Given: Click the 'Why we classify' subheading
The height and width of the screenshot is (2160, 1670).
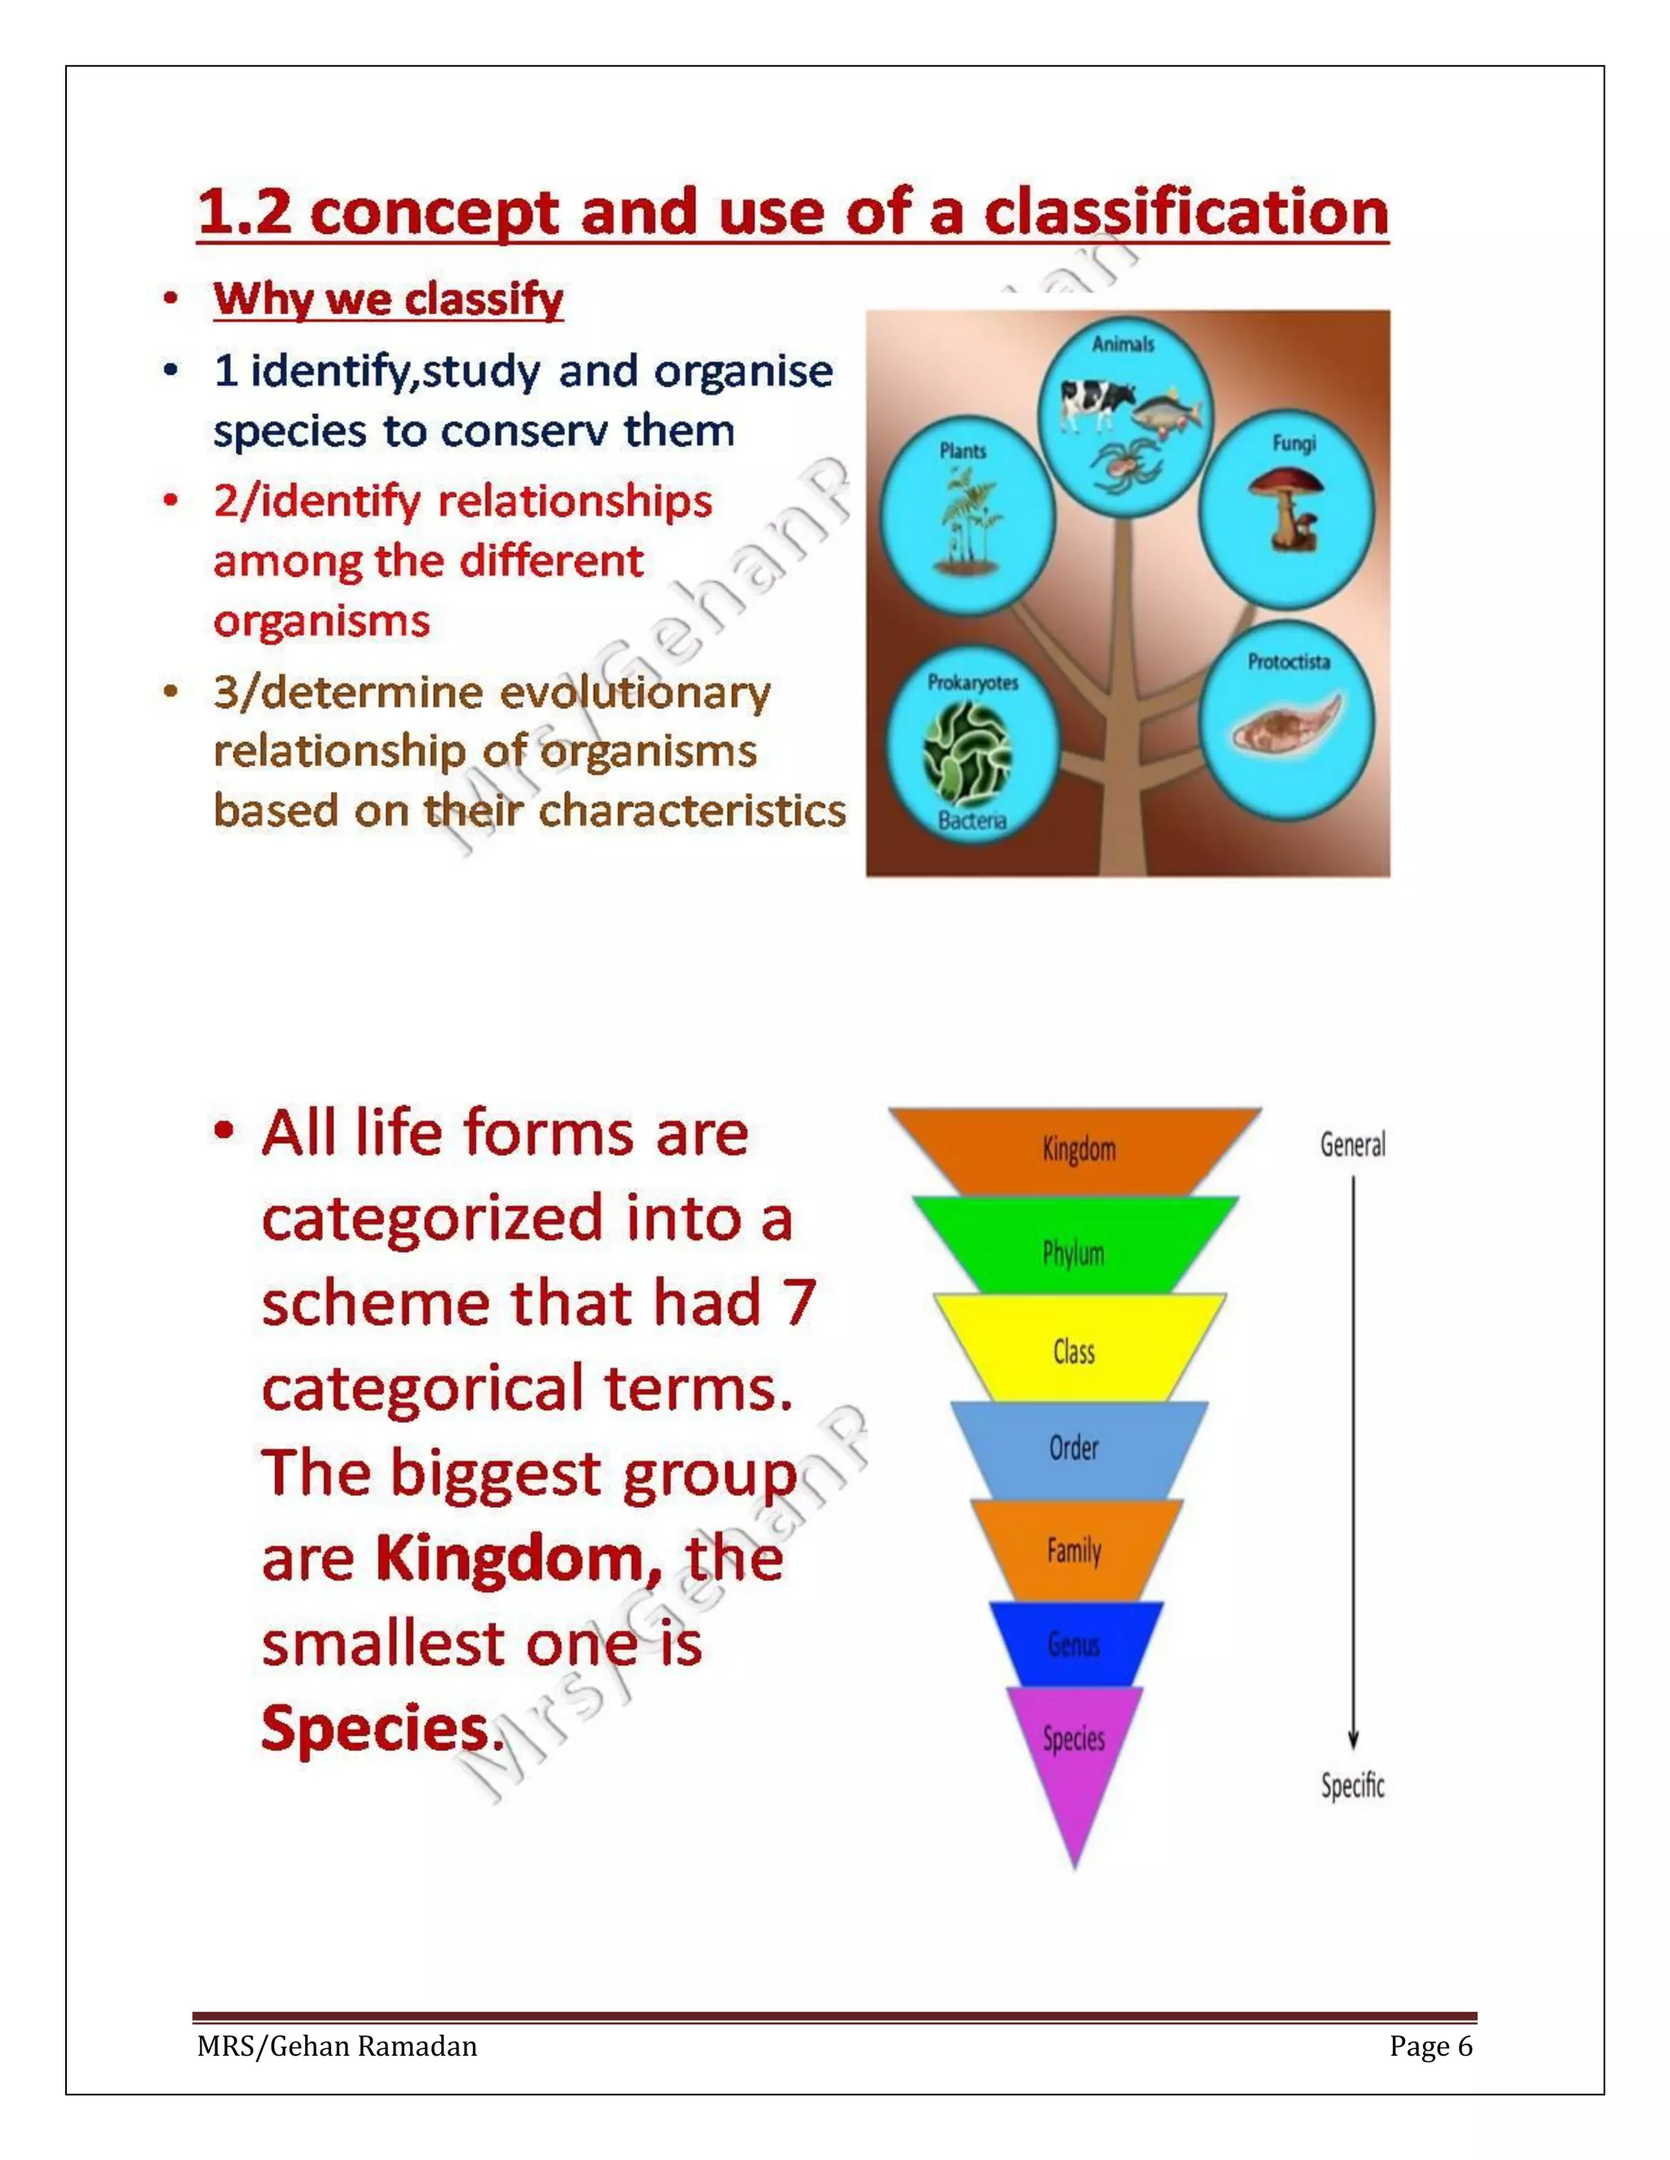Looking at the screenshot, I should click(388, 298).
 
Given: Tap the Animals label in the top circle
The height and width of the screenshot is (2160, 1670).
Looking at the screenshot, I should click(1123, 344).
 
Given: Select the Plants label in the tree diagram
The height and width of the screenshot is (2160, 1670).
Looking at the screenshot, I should click(963, 451).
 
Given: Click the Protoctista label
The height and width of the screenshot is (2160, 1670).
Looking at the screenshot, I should click(1288, 662).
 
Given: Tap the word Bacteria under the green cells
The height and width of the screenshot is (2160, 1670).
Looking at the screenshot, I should click(971, 820).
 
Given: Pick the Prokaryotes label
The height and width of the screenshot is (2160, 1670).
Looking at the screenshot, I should click(973, 682).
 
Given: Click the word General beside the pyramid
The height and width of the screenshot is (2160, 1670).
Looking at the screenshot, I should click(1353, 1144).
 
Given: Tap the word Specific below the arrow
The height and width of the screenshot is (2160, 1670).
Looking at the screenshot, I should click(1353, 1784).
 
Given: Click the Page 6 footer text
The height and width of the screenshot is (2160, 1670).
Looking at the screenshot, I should click(1430, 2045).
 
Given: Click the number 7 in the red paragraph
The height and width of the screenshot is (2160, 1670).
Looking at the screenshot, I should click(799, 1303).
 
